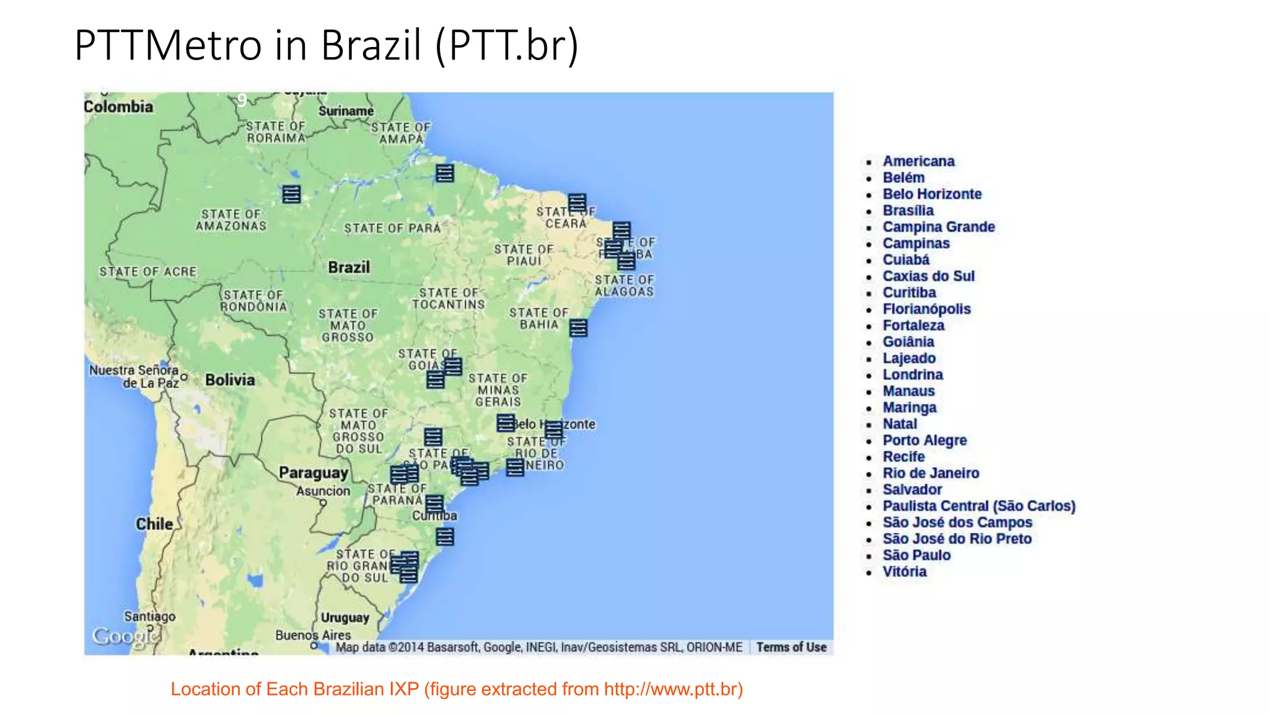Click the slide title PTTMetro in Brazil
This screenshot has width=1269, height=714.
(326, 45)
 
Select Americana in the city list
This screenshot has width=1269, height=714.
(918, 161)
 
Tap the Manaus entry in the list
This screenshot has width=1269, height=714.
(908, 391)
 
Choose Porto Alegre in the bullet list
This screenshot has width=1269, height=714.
(924, 441)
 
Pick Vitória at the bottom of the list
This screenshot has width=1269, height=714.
(905, 571)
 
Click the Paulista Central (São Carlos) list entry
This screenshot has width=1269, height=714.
(978, 506)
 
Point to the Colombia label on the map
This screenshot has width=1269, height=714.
(118, 107)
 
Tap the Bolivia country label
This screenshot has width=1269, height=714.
(230, 380)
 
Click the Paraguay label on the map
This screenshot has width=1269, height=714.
(314, 473)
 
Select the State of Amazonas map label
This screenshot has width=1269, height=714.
(231, 220)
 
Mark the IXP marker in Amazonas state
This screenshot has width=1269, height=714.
(291, 194)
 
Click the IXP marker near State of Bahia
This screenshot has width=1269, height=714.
(578, 328)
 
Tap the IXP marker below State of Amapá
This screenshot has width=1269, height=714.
(444, 173)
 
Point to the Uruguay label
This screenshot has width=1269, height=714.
(345, 617)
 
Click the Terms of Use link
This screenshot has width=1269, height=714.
(791, 647)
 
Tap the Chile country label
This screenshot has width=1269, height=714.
(154, 524)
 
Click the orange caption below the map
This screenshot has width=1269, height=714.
(457, 689)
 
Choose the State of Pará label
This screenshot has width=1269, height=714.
(392, 228)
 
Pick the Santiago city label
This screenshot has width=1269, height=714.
(150, 617)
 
